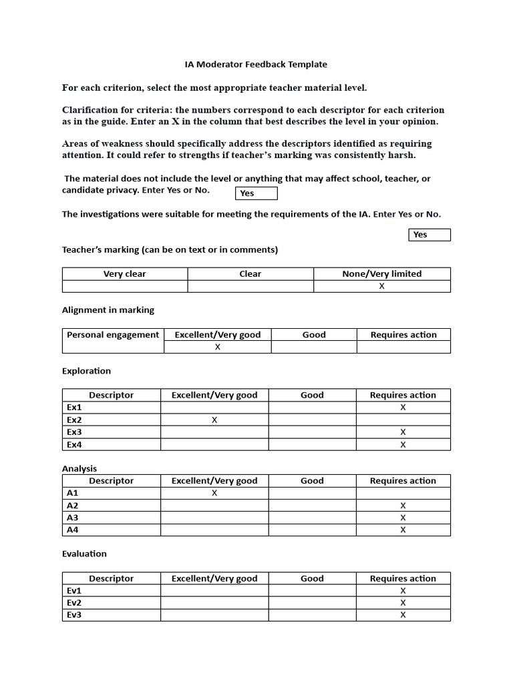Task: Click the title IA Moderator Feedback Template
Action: pos(256,65)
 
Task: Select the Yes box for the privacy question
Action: pos(256,193)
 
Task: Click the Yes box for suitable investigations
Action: pos(429,235)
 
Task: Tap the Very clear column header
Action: pos(125,273)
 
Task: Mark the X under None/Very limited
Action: pos(382,286)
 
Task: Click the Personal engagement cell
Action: pos(113,335)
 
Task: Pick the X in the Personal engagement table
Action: pos(218,347)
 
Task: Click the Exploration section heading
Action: pos(86,371)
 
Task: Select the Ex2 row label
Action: pos(74,420)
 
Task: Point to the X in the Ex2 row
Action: pos(214,420)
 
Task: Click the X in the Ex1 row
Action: pos(403,408)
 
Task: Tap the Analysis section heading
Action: pos(79,469)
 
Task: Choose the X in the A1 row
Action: pos(214,493)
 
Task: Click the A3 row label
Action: pos(73,518)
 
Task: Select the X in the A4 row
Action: pos(403,530)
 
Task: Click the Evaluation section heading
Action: pos(84,554)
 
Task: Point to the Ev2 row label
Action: pos(74,603)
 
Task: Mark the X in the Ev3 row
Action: pos(403,615)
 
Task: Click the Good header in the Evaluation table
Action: pos(312,578)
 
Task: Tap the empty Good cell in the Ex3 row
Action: pos(312,432)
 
